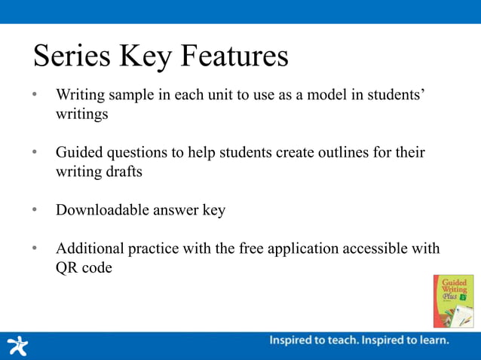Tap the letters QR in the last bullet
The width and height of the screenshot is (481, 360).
click(x=66, y=267)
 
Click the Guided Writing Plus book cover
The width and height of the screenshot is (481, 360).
click(x=453, y=301)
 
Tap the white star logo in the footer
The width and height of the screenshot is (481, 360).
click(x=17, y=345)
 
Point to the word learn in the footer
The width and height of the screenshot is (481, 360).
click(x=433, y=340)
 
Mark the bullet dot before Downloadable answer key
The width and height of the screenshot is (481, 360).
click(x=35, y=210)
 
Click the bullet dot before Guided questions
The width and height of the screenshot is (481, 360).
click(x=35, y=153)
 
